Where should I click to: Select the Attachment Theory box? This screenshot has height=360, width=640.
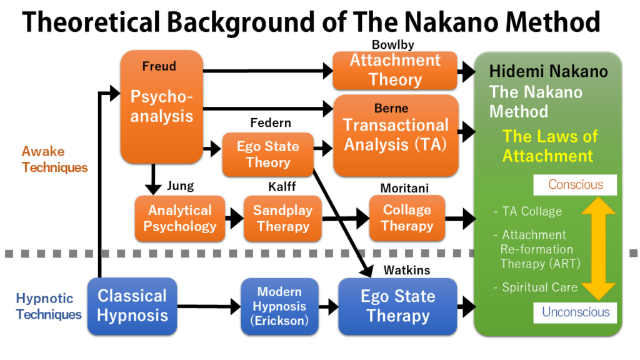(395, 70)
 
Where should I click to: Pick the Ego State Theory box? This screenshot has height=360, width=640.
(267, 154)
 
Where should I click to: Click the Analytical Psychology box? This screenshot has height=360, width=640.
(179, 218)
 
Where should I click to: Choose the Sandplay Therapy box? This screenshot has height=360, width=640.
(282, 218)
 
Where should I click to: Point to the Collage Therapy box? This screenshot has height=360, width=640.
(407, 218)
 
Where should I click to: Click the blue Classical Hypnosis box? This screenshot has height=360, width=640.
(132, 306)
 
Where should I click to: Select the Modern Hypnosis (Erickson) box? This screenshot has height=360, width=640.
(279, 306)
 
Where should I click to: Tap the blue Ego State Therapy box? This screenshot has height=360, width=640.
(397, 306)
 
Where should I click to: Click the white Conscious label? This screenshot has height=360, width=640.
(575, 185)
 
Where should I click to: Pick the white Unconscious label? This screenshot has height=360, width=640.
(575, 312)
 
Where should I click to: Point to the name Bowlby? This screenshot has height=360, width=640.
(392, 45)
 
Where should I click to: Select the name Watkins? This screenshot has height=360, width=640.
(406, 271)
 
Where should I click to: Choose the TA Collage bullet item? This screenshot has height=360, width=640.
(528, 211)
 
